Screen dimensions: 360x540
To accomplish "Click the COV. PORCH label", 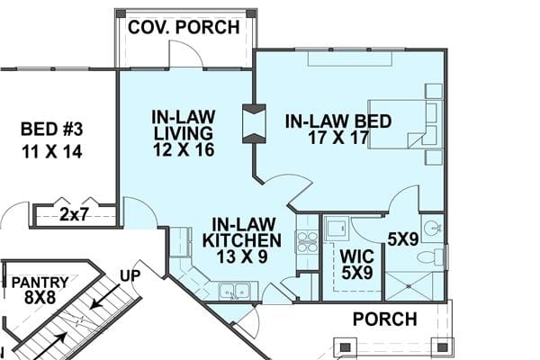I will pyautogui.click(x=184, y=27).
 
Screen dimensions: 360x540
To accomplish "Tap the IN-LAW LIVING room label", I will pyautogui.click(x=182, y=132).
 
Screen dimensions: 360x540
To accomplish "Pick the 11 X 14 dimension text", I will pyautogui.click(x=51, y=151).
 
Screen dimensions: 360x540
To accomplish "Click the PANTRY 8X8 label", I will pyautogui.click(x=39, y=291).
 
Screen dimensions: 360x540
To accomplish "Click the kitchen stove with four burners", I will pyautogui.click(x=307, y=240).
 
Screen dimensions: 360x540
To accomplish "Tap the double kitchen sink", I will pyautogui.click(x=234, y=290).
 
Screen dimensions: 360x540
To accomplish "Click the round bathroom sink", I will pyautogui.click(x=432, y=227).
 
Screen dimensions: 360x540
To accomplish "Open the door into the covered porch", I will pyautogui.click(x=184, y=56).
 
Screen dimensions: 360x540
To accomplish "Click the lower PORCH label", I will pyautogui.click(x=384, y=319).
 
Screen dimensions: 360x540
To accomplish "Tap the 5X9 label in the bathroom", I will pyautogui.click(x=401, y=239).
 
